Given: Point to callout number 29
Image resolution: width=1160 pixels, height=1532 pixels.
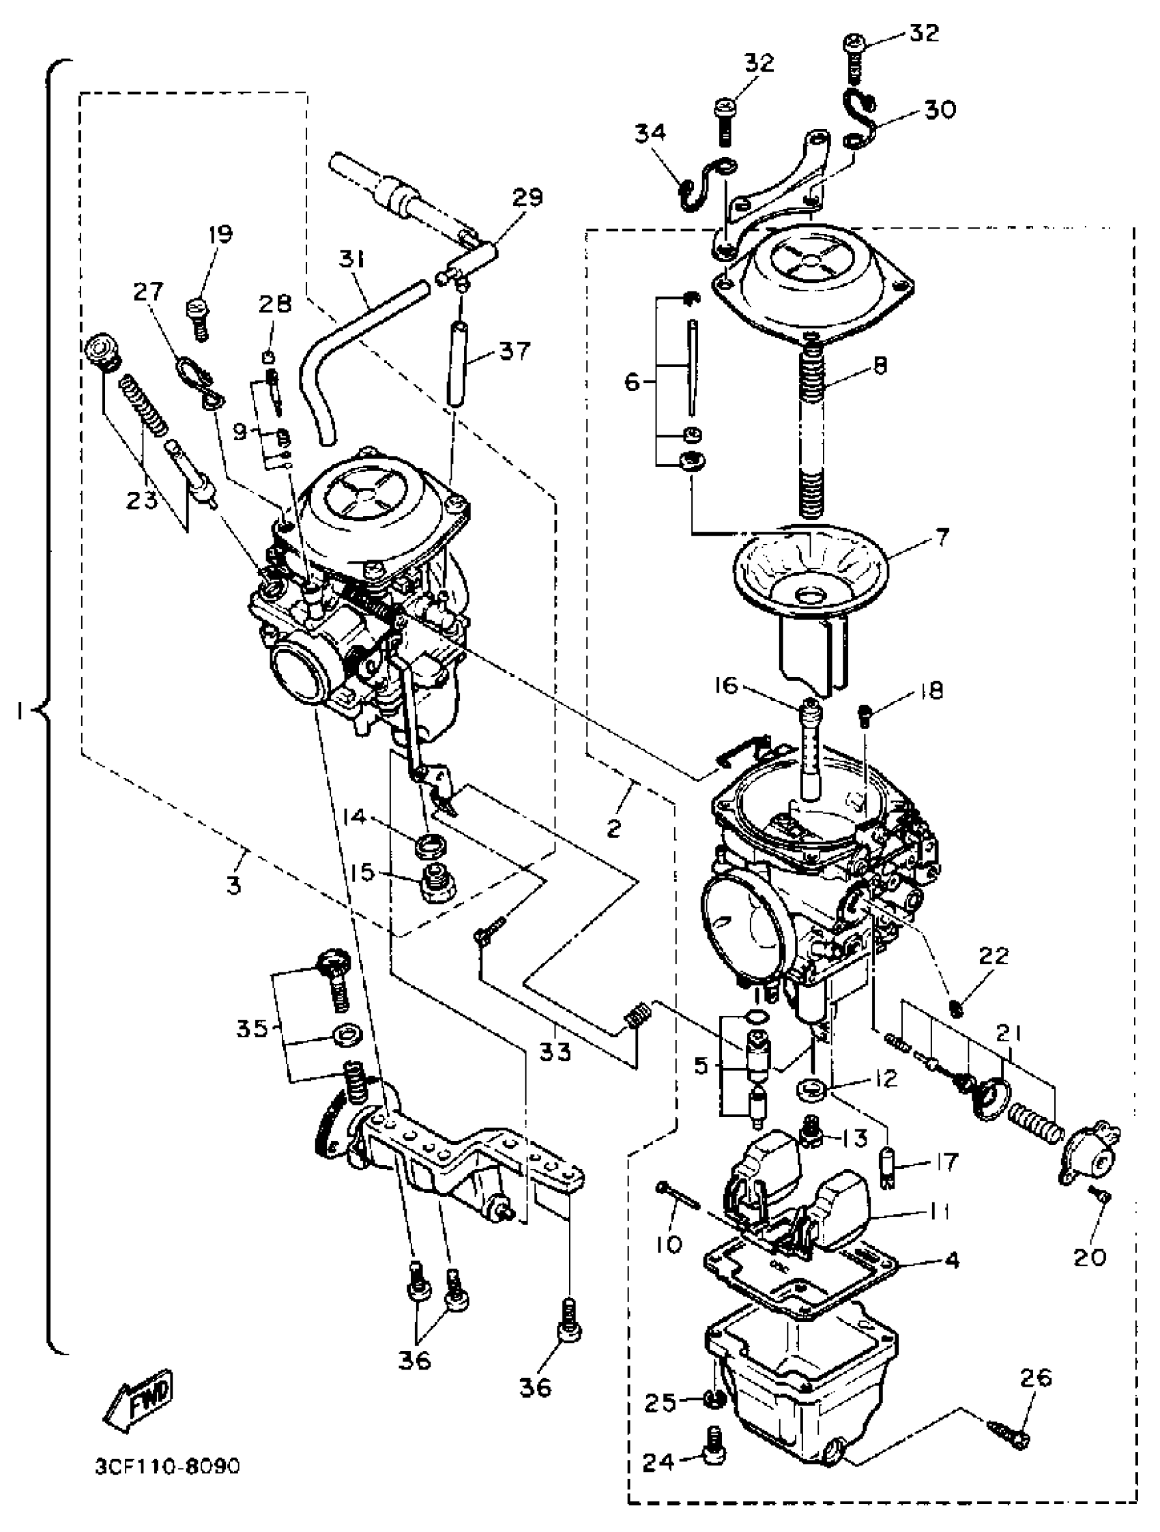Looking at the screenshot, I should (x=527, y=198).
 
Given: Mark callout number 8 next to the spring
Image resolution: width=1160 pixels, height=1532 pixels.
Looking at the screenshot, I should (x=880, y=365).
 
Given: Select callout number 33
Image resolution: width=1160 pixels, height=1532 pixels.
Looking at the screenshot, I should (x=555, y=1053).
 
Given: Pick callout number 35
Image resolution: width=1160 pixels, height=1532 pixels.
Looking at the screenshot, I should (x=251, y=1028).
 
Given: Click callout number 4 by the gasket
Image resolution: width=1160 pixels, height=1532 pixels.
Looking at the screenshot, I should (x=953, y=1260).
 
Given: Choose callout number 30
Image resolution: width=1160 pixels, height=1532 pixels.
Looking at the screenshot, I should (x=940, y=109).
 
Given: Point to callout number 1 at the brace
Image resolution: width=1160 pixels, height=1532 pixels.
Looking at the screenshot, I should (x=21, y=710).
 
